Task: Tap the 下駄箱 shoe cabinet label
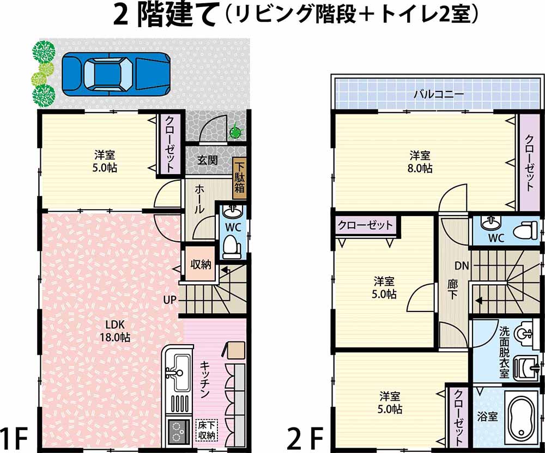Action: coord(240,177)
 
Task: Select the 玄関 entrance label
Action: coord(208,160)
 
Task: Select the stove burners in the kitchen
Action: coord(177,431)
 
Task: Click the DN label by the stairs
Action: coord(462,266)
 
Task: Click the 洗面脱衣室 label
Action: coord(504,352)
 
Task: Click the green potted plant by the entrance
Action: coord(235,131)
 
